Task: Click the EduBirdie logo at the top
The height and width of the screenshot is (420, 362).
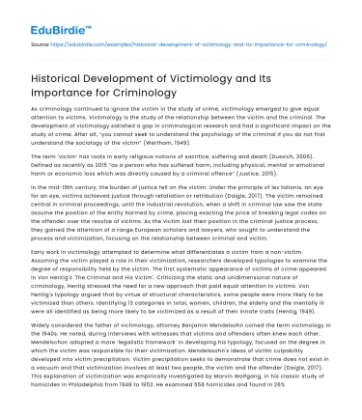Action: point(36,15)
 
